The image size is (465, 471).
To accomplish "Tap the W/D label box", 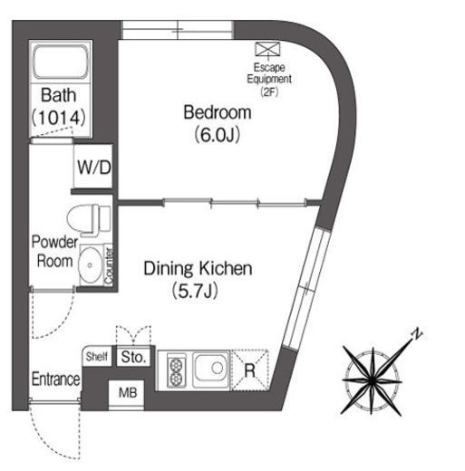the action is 93,167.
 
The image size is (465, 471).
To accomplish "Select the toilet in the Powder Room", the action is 89,220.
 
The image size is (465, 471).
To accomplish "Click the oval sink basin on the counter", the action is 91,264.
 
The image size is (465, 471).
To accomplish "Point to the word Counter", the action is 108,265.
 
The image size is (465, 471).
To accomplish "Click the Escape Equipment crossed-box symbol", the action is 267,49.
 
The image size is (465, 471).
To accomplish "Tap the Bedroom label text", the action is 218,112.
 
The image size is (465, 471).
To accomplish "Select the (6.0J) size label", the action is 217,135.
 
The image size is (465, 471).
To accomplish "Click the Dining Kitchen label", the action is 198,268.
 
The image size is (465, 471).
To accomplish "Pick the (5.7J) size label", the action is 195,291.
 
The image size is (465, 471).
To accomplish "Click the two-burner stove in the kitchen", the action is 176,370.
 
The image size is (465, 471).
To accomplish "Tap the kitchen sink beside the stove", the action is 211,370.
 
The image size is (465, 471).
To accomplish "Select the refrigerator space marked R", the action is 250,370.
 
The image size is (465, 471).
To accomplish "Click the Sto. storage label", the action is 133,357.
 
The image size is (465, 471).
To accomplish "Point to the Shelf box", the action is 97,357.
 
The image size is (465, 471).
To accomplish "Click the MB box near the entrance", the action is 127,393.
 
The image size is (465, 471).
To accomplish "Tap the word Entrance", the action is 56,379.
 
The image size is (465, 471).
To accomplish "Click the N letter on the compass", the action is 417,333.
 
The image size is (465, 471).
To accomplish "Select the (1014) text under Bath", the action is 59,118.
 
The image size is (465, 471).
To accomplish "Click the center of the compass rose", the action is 373,381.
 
